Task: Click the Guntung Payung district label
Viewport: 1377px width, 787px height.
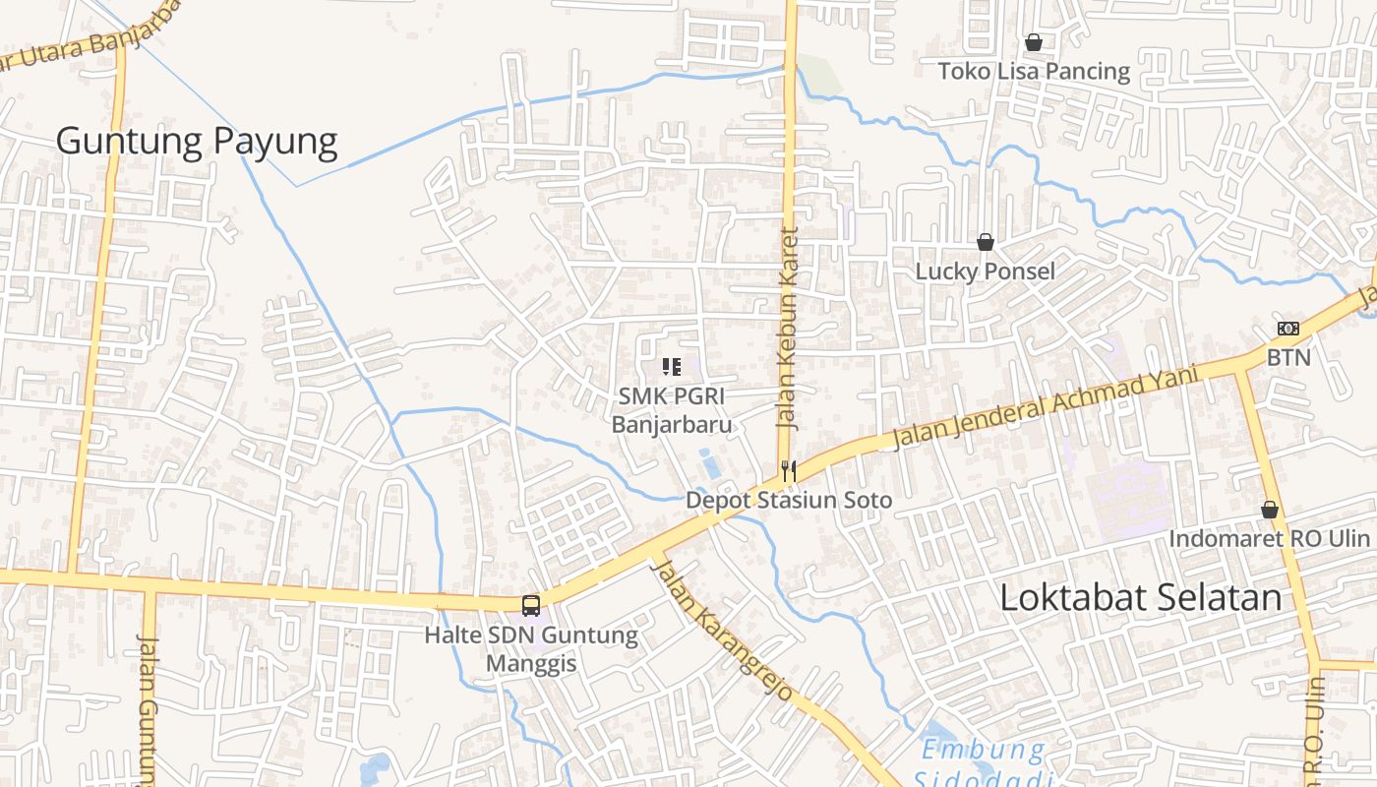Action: (x=197, y=142)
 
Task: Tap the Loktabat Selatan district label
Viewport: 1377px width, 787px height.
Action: (x=1141, y=598)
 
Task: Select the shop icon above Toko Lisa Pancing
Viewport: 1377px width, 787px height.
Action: (x=1033, y=42)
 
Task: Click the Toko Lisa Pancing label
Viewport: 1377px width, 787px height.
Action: (x=1034, y=71)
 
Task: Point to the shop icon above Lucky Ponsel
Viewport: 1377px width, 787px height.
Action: (x=985, y=242)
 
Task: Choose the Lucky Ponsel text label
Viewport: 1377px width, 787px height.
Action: (x=985, y=272)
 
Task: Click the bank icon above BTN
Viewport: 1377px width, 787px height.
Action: (x=1287, y=329)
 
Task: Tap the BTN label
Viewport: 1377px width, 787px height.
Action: (x=1288, y=357)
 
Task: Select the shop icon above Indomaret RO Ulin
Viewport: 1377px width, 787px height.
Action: (x=1270, y=510)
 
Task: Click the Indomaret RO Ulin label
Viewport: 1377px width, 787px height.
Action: (x=1269, y=538)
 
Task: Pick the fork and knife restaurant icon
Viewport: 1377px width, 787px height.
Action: (x=788, y=471)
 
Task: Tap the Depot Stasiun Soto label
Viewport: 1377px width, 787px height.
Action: (x=789, y=500)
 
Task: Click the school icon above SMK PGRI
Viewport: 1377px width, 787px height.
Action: (x=672, y=367)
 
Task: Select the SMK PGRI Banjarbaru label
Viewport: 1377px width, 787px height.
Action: (x=673, y=409)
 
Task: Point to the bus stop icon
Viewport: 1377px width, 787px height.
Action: (x=531, y=605)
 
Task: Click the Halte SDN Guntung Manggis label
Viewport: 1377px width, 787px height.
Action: (x=531, y=648)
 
